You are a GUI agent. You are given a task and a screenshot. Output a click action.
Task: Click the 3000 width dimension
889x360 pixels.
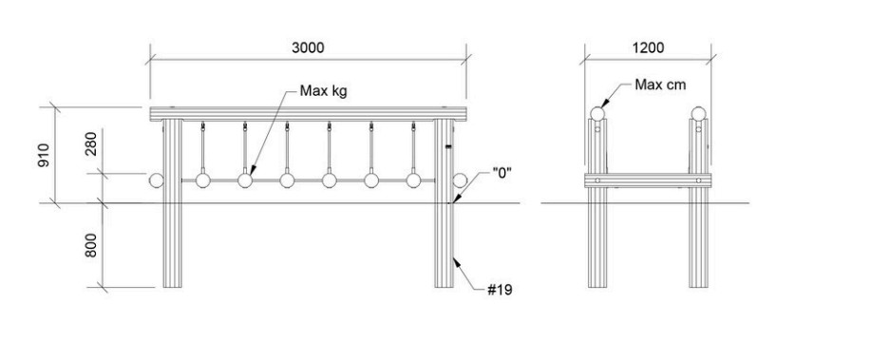coord(308,47)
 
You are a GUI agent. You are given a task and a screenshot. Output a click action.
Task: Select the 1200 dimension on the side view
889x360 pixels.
coord(648,47)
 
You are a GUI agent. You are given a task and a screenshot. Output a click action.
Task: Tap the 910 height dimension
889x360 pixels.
coord(46,155)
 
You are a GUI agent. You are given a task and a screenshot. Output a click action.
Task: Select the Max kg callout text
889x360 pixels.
coord(323,90)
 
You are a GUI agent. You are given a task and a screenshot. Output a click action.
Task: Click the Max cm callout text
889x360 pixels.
coord(660,85)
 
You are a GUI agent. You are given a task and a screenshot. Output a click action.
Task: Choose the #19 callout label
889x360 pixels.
coord(500,291)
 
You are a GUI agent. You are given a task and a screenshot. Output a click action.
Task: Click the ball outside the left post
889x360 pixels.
coord(156,180)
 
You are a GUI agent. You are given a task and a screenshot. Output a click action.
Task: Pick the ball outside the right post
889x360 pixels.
coord(460,180)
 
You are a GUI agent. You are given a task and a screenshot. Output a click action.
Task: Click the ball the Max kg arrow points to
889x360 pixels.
coord(245,180)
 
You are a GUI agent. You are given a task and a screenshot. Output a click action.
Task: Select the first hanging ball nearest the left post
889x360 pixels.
coord(203,180)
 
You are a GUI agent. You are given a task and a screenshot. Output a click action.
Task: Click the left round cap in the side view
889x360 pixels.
coord(597,113)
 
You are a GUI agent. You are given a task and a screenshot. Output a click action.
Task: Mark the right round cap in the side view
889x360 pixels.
coord(698,113)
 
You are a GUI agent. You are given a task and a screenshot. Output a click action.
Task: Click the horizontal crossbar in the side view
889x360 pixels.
coord(648,180)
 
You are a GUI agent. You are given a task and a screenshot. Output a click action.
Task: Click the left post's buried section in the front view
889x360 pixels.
coord(172,245)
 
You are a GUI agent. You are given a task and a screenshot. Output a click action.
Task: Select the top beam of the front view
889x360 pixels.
coord(308,113)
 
